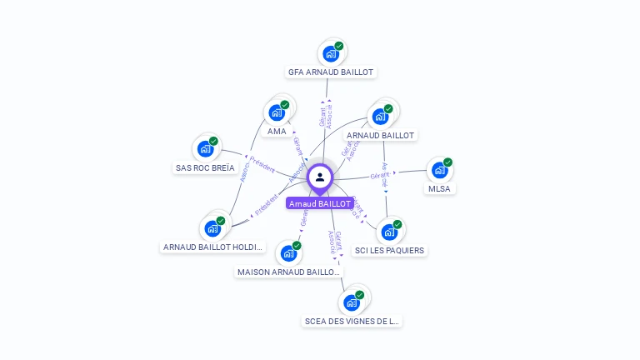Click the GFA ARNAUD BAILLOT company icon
point(331,54)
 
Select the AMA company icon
point(277,112)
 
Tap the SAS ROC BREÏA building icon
point(205,149)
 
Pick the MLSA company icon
point(439,170)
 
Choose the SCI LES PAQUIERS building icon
point(389,232)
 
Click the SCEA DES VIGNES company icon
point(352,302)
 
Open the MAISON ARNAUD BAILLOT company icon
point(288,252)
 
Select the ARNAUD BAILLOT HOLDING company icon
point(212,228)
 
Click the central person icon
point(320,177)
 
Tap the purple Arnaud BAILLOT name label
point(320,203)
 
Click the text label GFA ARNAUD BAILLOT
point(331,72)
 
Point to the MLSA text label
point(439,188)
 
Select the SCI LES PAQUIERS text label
point(389,250)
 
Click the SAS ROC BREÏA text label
point(205,167)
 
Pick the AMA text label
point(277,131)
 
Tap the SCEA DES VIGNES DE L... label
point(352,321)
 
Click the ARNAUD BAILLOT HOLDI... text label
point(212,247)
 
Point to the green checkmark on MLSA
point(447,162)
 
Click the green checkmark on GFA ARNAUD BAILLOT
point(339,47)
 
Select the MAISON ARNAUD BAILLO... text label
point(288,272)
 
